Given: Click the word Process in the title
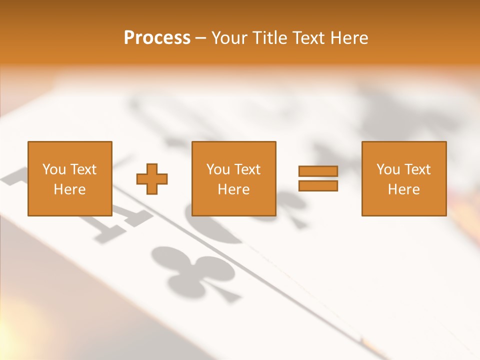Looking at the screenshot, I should click(157, 38).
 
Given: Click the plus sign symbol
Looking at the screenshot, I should click(152, 178).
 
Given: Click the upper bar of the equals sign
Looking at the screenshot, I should click(318, 171).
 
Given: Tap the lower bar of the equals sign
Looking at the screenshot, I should click(318, 186).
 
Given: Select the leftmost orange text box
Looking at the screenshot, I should click(70, 178).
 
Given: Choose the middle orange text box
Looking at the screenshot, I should click(233, 178).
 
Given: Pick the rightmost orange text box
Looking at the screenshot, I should click(403, 178).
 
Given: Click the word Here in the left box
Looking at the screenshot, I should click(69, 189).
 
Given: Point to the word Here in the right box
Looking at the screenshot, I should click(403, 189).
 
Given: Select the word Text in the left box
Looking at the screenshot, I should click(83, 169).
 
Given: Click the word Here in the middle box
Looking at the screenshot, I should click(233, 189).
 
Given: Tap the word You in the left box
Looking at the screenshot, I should click(54, 169).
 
